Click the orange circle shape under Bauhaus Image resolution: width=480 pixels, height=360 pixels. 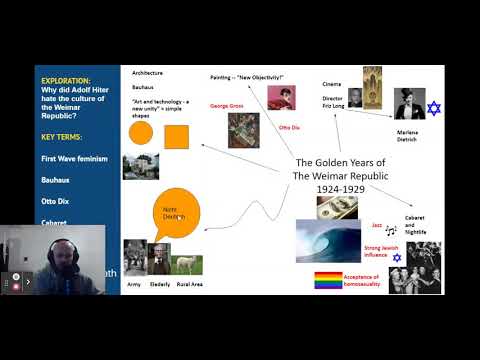pyautogui.click(x=141, y=134)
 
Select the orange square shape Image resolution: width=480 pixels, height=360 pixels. pyautogui.click(x=176, y=135)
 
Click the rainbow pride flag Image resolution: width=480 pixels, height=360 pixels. pyautogui.click(x=327, y=280)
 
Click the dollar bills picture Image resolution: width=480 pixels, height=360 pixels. pyautogui.click(x=336, y=207)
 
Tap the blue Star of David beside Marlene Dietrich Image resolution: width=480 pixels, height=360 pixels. pyautogui.click(x=434, y=107)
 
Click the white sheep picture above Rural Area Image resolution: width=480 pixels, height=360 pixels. pyautogui.click(x=187, y=264)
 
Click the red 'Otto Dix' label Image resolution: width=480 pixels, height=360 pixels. pyautogui.click(x=289, y=128)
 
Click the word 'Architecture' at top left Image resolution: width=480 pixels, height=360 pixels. pyautogui.click(x=147, y=73)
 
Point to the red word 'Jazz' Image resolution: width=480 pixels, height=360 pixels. pyautogui.click(x=376, y=226)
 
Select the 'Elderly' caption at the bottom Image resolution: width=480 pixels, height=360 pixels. pyautogui.click(x=160, y=285)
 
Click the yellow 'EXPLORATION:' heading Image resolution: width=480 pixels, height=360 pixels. pyautogui.click(x=66, y=80)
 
